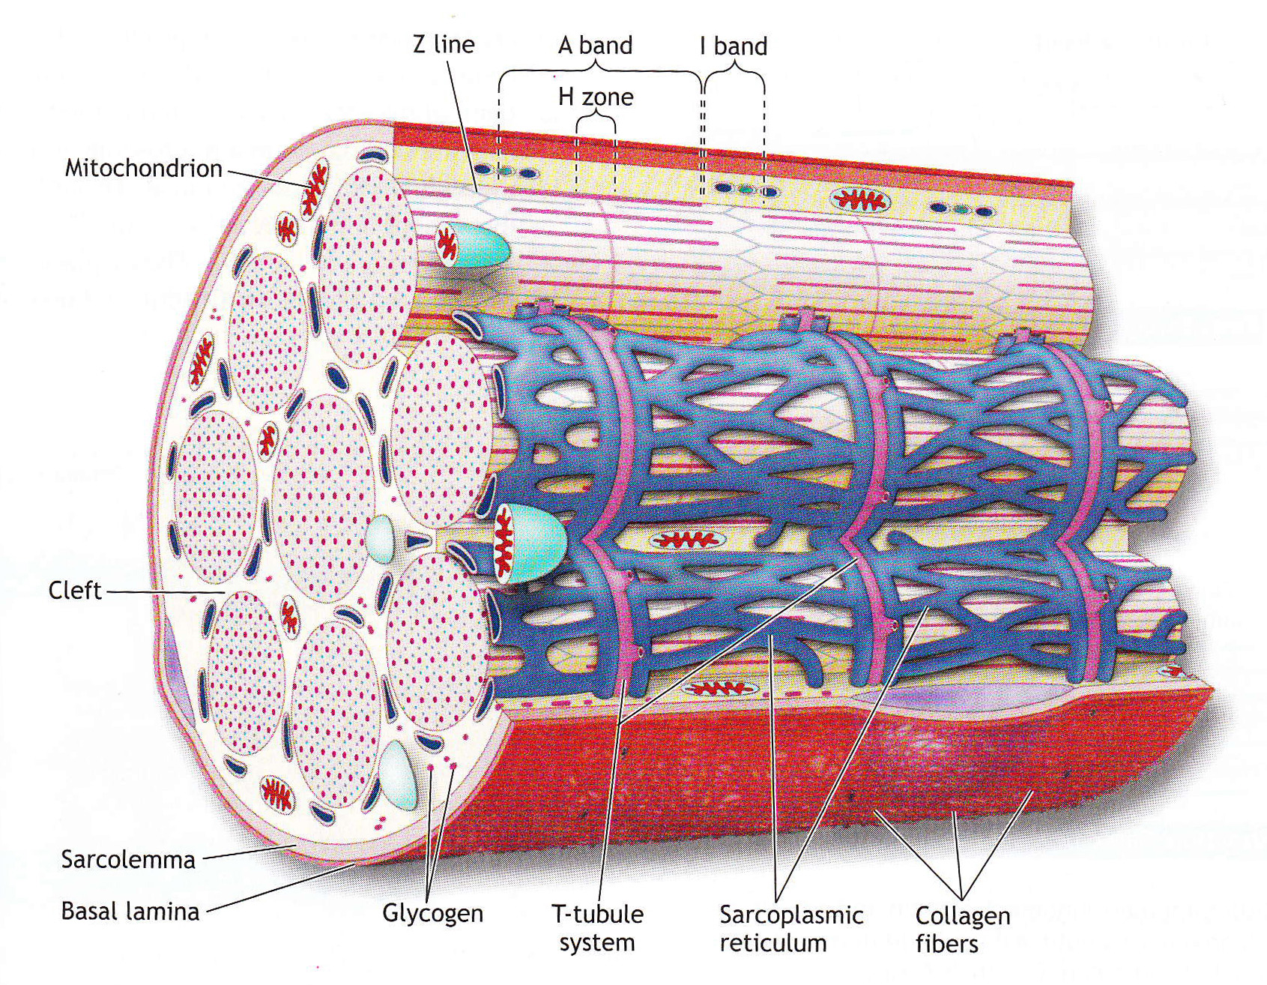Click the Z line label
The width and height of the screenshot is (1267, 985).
[x=444, y=44]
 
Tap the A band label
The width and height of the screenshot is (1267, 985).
[x=595, y=45]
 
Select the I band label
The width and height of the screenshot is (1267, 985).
[x=734, y=46]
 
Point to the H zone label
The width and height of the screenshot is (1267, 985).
[x=596, y=97]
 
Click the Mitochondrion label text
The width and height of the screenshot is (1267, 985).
[x=143, y=168]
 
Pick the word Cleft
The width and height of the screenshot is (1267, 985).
[x=74, y=591]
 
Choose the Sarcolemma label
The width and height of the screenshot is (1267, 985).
[x=128, y=859]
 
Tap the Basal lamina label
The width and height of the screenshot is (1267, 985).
[x=130, y=912]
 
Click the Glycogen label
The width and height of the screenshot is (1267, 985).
[x=432, y=913]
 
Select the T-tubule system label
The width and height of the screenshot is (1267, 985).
[x=597, y=928]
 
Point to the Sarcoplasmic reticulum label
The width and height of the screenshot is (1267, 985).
[x=791, y=928]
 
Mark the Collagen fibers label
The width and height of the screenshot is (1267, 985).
[x=962, y=929]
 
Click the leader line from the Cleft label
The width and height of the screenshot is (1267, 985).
[x=165, y=591]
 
